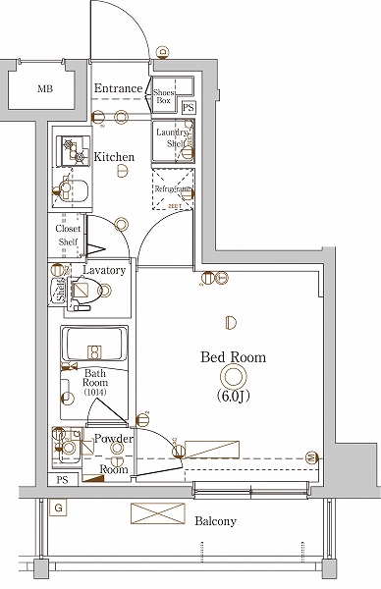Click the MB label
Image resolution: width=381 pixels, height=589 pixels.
click(44, 89)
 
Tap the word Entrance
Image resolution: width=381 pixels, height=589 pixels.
click(119, 88)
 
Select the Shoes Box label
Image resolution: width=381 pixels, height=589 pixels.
click(164, 96)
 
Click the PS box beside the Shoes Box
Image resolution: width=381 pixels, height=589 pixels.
click(188, 107)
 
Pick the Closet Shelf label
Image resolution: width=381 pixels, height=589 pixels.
click(67, 236)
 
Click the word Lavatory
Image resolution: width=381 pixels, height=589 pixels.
click(103, 270)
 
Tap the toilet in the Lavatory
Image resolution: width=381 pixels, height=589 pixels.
click(86, 291)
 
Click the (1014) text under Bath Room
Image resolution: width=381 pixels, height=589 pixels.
click(95, 393)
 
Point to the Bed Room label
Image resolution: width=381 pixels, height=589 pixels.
click(233, 357)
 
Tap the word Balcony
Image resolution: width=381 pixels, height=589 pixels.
click(215, 521)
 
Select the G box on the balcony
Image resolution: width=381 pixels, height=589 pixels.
click(59, 508)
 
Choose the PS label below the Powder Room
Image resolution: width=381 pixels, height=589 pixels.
click(63, 479)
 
